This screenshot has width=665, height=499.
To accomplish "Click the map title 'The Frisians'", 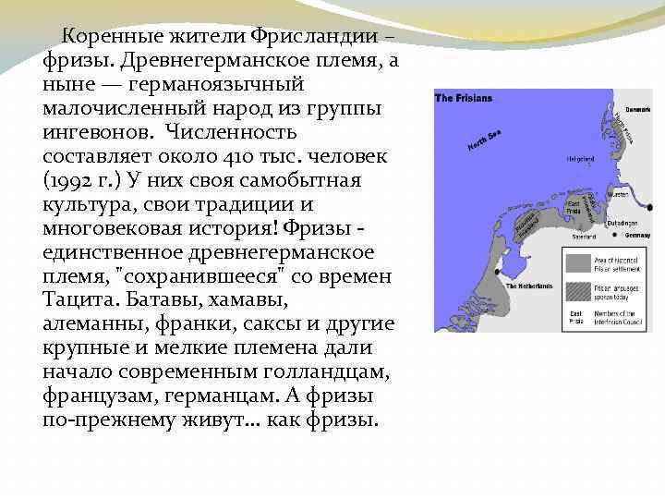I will tap(465, 99).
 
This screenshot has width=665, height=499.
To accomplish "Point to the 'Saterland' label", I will tap(585, 236).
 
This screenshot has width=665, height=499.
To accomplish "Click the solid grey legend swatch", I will tap(580, 263).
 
